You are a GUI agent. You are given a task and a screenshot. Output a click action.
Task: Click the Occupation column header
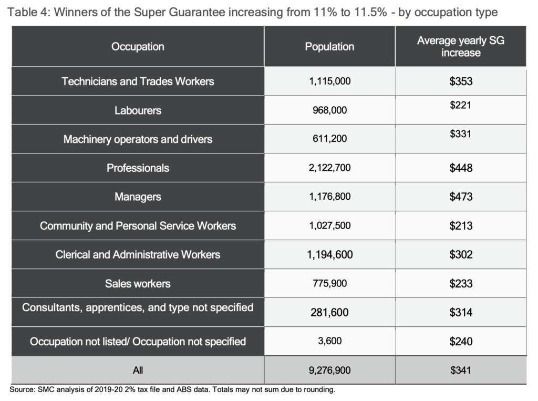(x=138, y=47)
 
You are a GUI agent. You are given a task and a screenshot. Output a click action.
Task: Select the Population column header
(x=329, y=47)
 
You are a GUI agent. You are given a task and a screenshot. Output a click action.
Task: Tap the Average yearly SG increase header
(x=460, y=47)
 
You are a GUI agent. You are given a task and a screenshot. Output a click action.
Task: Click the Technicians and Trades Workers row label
(x=138, y=81)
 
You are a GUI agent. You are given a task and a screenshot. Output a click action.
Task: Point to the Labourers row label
(x=138, y=110)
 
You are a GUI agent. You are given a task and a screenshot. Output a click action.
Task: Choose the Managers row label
(x=138, y=197)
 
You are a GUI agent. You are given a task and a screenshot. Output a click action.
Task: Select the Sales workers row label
(x=138, y=284)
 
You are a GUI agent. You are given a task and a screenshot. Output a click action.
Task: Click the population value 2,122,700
(x=329, y=168)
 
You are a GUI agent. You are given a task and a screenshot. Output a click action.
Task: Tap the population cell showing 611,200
(x=329, y=139)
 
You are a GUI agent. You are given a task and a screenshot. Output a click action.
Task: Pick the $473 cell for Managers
(x=461, y=197)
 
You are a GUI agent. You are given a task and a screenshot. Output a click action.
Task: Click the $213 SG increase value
(x=461, y=226)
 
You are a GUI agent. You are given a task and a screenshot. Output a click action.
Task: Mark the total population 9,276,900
(x=329, y=371)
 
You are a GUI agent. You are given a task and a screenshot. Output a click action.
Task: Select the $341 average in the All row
(x=461, y=371)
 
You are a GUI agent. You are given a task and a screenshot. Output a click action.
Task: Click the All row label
(x=138, y=371)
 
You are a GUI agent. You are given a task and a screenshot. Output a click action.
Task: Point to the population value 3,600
(x=329, y=341)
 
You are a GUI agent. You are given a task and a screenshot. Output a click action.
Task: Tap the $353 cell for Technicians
(x=461, y=81)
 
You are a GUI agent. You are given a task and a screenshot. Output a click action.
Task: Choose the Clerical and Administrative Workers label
(x=138, y=255)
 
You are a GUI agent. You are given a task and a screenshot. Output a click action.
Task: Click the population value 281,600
(x=329, y=313)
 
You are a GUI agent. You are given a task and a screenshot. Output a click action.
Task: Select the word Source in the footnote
(x=22, y=390)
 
